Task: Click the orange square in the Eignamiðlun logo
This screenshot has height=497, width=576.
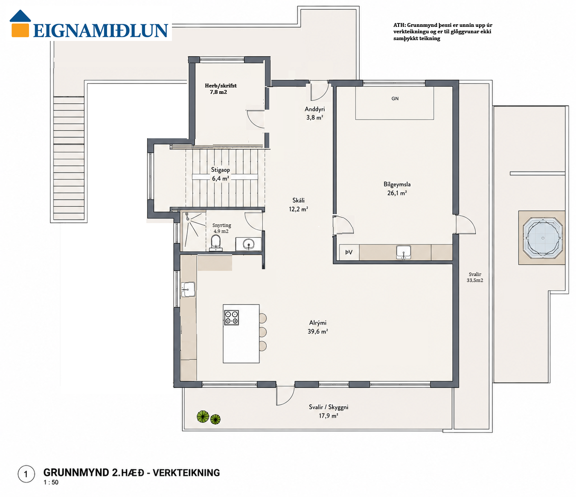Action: [20, 30]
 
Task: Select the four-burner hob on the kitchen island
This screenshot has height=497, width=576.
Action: [232, 317]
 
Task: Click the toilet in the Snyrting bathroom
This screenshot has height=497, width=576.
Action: [215, 243]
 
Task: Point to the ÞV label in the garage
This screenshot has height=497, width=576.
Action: [349, 252]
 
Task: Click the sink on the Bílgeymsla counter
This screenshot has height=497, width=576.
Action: [403, 253]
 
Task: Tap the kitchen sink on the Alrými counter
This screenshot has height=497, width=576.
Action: [188, 289]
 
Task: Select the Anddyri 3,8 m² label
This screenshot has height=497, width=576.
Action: [314, 113]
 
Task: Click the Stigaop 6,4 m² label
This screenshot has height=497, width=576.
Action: [221, 174]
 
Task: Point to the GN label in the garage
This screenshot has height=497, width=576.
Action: [395, 99]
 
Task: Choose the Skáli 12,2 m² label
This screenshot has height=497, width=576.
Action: [298, 205]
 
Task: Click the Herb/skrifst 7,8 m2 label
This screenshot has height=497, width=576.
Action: [221, 89]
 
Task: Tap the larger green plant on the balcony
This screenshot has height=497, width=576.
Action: [203, 416]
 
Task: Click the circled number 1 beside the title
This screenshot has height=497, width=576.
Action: [26, 474]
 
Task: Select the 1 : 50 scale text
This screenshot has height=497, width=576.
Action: [51, 482]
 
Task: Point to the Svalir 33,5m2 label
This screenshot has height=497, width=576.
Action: [475, 277]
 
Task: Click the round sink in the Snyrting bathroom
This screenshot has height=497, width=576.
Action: [249, 244]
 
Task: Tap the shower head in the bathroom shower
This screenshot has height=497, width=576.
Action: [187, 215]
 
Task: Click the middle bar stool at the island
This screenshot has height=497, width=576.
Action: [263, 332]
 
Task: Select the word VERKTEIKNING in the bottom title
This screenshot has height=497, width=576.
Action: [186, 473]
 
